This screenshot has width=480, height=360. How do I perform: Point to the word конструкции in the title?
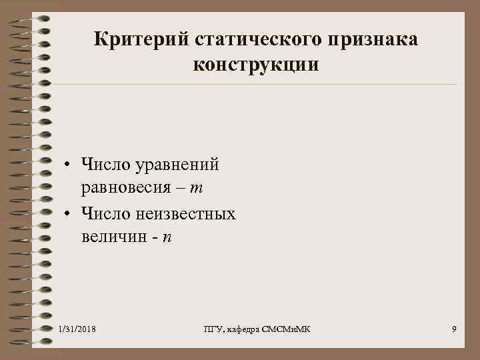257,65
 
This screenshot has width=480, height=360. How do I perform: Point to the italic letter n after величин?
167,238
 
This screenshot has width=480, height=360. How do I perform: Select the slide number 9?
454,330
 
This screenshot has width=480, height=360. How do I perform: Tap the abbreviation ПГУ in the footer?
212,330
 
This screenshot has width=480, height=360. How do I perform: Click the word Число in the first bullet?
104,163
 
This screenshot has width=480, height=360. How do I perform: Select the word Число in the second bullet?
104,213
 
